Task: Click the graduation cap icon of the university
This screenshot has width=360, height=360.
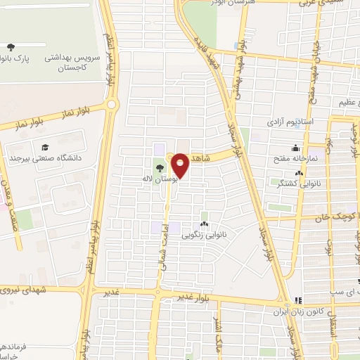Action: coord(44,148)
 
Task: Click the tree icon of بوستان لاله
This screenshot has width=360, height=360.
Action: coord(160,167)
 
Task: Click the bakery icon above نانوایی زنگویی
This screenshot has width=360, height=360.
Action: coord(205,224)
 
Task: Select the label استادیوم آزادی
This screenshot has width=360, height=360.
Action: coord(288,122)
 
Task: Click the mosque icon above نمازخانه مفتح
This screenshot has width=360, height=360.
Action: coord(295,149)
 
